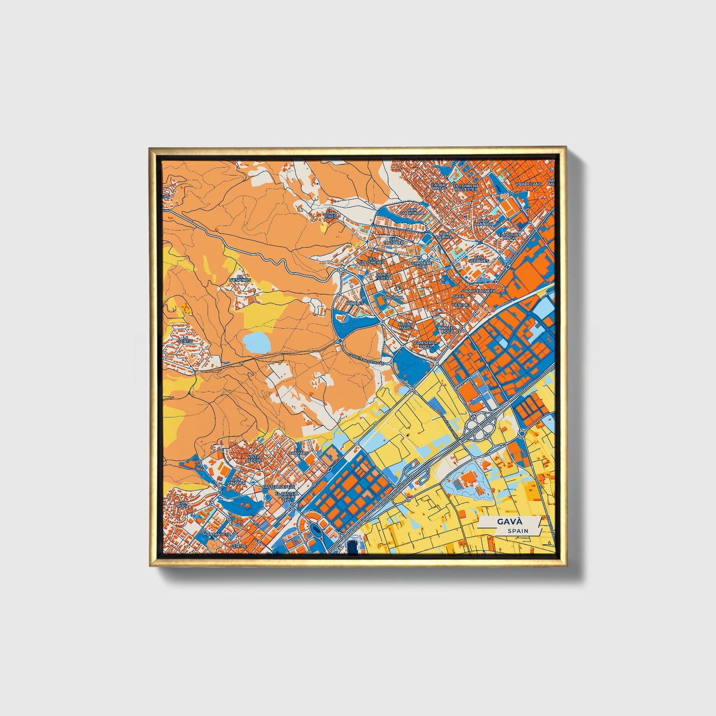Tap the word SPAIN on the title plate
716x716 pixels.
pos(517,531)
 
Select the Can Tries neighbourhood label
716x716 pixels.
pos(330,215)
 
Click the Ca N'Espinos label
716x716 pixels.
pos(240,278)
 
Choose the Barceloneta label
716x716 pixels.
pos(480,291)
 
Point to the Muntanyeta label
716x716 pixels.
pos(218,535)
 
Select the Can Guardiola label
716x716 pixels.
pos(413,211)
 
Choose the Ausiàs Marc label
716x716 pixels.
pos(405,326)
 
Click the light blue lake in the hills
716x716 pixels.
pos(257,342)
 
